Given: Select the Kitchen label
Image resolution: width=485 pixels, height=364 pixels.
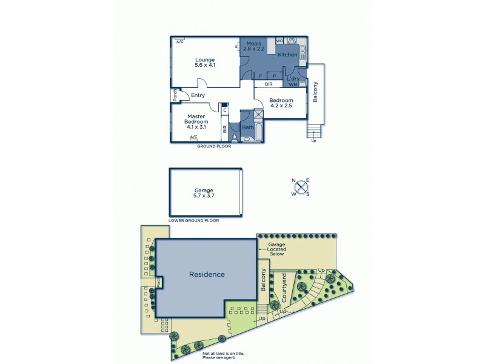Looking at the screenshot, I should pos(287,55).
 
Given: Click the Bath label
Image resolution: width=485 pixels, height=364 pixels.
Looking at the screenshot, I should pos(247,127).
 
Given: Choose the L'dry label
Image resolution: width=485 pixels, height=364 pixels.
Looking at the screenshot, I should pos(293,79).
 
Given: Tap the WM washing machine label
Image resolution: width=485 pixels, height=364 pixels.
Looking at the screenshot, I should pos(293,85).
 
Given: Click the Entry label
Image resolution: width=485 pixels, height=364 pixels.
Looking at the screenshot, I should pos(198,95).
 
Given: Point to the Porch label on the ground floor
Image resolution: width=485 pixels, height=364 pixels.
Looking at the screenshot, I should pos(175,95).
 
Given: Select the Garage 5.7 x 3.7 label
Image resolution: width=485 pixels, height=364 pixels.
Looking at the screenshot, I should pos(204,193).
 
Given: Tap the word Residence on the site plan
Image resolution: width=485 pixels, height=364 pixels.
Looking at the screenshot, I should pos(207,274).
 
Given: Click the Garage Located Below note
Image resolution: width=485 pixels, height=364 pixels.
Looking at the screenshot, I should pos(272,249).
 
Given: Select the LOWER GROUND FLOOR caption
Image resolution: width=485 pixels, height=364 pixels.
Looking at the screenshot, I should pos(193,221).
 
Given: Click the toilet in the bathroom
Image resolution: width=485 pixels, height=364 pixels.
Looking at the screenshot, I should pos(246,139).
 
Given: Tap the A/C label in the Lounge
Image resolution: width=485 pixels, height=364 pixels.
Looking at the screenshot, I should pos(179,42).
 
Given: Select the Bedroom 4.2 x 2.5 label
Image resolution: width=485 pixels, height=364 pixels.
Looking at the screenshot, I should pos(281,103).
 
